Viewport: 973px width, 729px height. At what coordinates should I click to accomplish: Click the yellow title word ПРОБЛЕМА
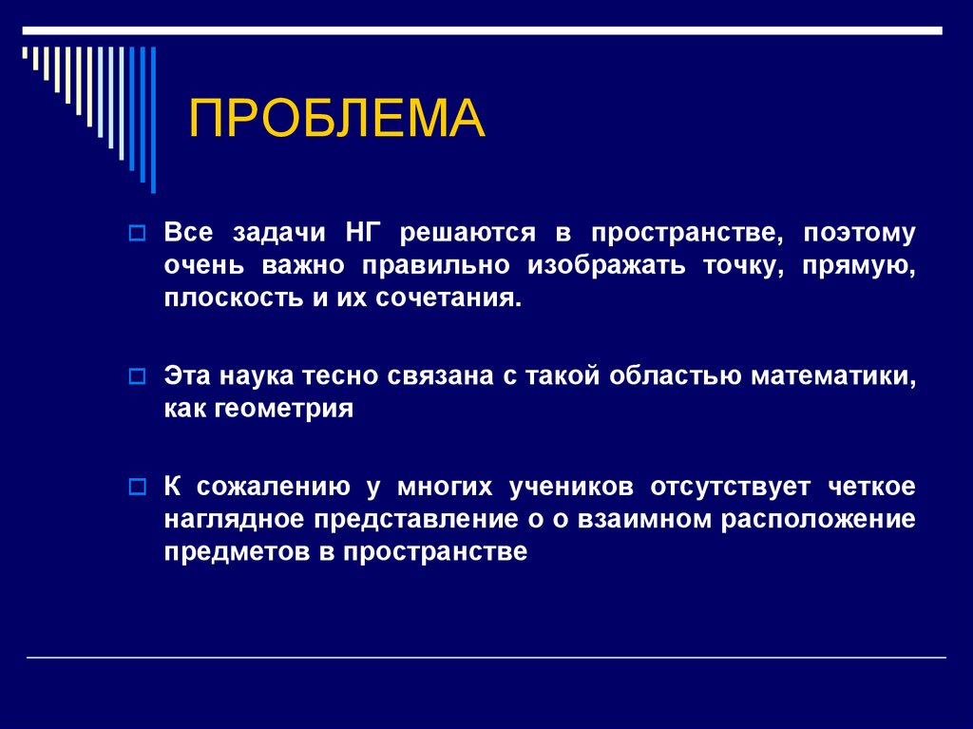[337, 119]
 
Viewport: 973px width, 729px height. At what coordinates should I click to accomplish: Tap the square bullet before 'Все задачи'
[136, 234]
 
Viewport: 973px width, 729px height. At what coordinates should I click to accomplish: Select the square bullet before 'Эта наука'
[136, 377]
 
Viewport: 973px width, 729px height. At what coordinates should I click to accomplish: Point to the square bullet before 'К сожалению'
[136, 489]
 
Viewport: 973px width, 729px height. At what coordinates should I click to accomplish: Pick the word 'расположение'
[818, 520]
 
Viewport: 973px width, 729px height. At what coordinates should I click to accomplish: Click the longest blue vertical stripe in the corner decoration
[153, 119]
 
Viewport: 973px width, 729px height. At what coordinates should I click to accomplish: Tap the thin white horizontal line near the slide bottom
[486, 658]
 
